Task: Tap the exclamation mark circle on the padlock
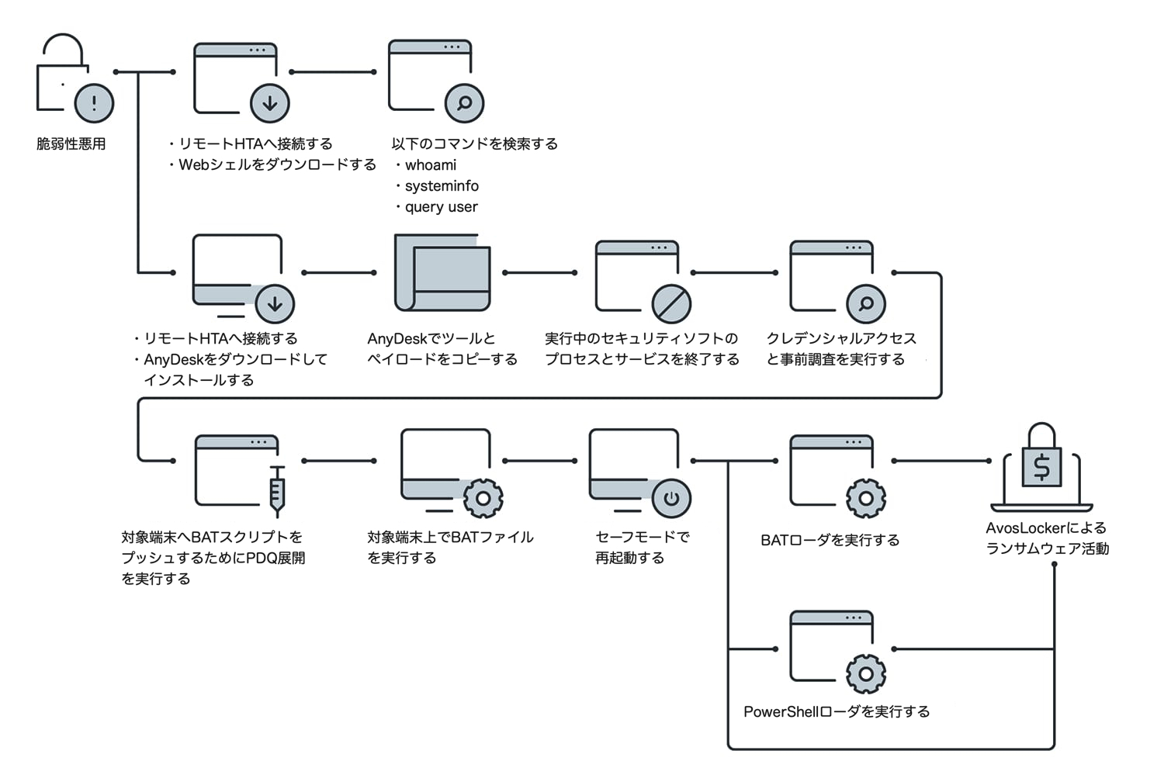[94, 102]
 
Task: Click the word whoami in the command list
[431, 165]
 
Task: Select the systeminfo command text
[442, 186]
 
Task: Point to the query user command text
[441, 207]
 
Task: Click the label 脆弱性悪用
[71, 144]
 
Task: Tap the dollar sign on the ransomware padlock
[1041, 467]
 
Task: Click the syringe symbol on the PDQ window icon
[277, 491]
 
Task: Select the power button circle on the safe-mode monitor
[671, 498]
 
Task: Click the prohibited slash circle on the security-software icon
[671, 303]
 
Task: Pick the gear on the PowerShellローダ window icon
[866, 673]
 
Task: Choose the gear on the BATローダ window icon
[866, 498]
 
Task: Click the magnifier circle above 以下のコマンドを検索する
[464, 102]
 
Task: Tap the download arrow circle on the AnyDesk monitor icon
[275, 304]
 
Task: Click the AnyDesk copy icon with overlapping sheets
[443, 272]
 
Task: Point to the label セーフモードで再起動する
[642, 547]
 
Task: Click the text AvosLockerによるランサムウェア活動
[1047, 538]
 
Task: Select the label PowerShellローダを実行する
[837, 712]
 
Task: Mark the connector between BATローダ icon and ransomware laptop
[941, 461]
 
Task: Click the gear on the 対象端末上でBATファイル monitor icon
[483, 498]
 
